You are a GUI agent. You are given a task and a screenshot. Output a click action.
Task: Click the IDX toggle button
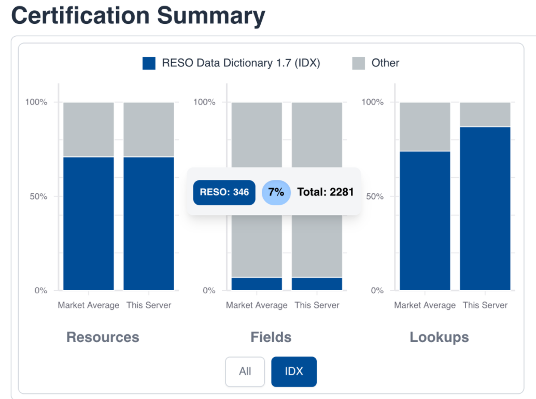coord(293,372)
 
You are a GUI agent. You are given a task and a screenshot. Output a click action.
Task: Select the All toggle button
coord(245,372)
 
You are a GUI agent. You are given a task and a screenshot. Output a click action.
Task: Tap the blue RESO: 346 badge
coord(224,192)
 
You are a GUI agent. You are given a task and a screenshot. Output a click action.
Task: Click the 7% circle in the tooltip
coord(276,192)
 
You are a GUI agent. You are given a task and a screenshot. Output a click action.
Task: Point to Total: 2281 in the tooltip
coord(325,192)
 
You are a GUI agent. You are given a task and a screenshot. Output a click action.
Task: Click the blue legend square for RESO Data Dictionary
coord(149,63)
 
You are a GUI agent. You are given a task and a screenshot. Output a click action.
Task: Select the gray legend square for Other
coord(359,63)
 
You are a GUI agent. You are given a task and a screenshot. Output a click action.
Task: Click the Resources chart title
coord(103,337)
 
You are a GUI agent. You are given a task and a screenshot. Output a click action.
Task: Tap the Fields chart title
coord(271,337)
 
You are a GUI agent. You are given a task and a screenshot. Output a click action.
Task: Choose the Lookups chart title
coord(439,337)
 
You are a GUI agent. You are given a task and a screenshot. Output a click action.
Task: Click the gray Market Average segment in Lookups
coord(425,126)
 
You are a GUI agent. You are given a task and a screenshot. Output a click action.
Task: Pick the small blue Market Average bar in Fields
coord(257,284)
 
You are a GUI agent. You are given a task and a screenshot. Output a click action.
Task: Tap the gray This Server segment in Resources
coord(149,129)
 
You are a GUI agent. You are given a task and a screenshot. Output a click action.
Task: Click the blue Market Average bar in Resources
coord(89,223)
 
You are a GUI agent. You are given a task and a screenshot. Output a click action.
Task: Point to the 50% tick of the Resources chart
coord(37,196)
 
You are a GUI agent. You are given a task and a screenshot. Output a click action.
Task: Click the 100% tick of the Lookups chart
coord(373,102)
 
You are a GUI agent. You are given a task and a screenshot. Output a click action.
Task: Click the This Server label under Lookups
coord(485,305)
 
